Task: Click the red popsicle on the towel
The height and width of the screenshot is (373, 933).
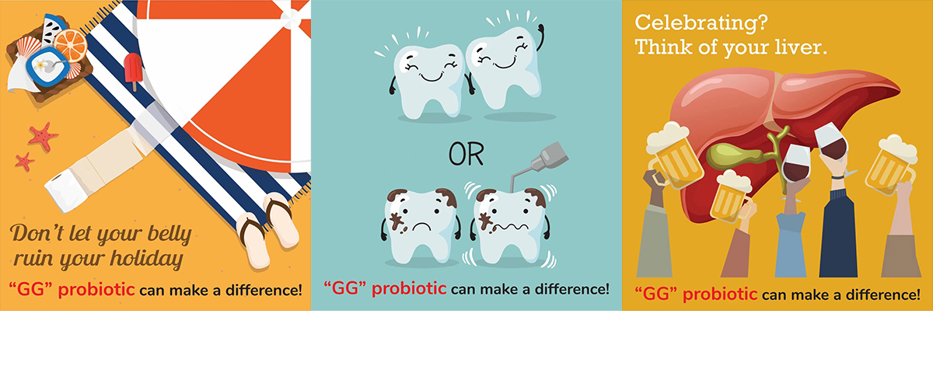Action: (x=133, y=70)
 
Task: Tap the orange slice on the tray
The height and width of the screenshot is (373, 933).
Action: (x=71, y=45)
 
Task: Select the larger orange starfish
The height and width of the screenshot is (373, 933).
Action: (x=43, y=136)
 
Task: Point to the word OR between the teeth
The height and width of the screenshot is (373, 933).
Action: (x=466, y=155)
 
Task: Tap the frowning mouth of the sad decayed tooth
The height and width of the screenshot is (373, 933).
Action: (x=421, y=227)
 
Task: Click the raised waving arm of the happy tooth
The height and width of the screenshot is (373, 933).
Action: (x=540, y=37)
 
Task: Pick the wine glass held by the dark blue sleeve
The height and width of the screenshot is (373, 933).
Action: (x=832, y=142)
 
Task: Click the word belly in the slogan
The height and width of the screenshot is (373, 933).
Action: (x=170, y=234)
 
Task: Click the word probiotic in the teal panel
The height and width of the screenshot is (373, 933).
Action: (x=409, y=289)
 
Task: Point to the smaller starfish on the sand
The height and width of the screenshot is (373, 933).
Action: (x=25, y=162)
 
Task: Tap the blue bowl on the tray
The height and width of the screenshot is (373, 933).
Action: (x=48, y=67)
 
